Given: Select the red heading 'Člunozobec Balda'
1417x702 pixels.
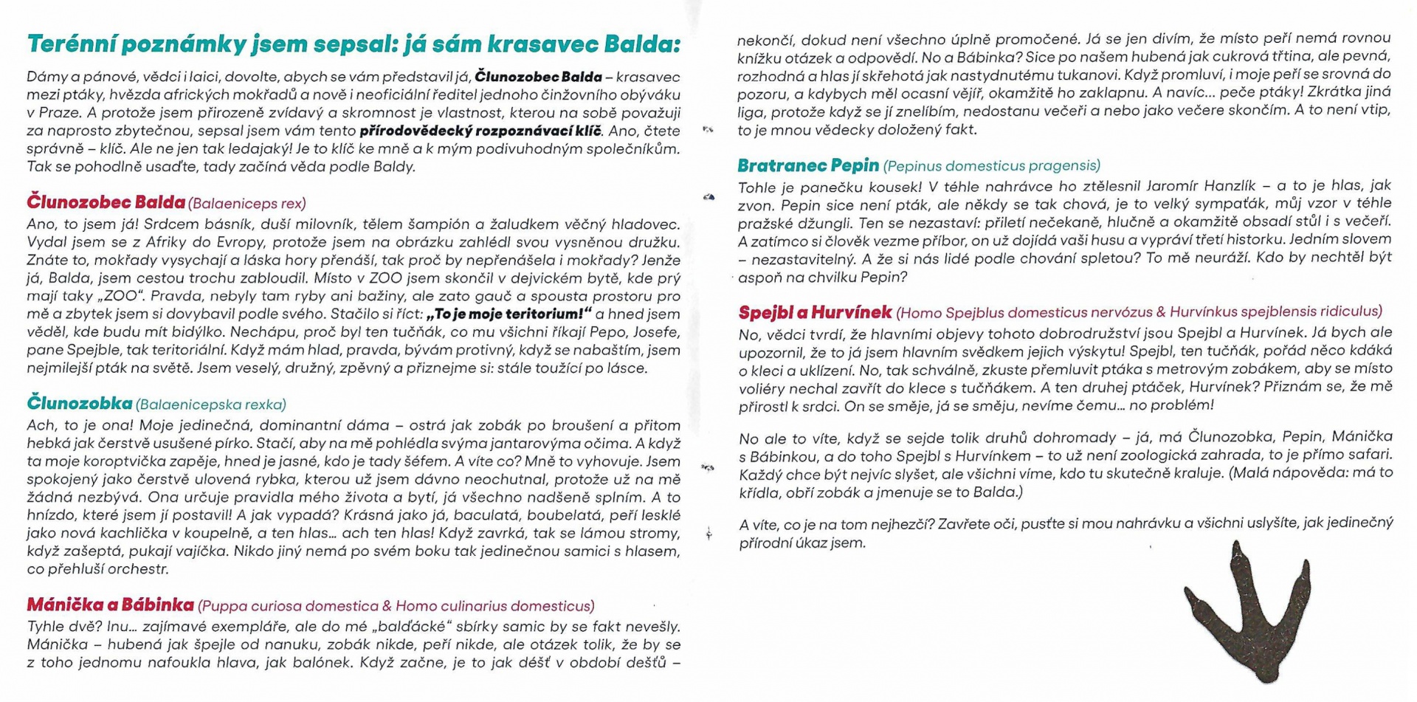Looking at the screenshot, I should click(106, 202).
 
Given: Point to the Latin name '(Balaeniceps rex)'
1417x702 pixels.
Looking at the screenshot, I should click(246, 204).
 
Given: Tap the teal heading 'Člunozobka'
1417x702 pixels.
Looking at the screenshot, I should click(80, 403).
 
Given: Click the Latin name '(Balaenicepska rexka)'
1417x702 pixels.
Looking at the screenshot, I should click(211, 405).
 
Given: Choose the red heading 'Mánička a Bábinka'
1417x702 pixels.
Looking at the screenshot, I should click(110, 605).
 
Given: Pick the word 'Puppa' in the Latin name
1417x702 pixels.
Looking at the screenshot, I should click(224, 606).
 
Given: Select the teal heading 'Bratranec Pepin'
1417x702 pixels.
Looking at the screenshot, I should click(808, 165).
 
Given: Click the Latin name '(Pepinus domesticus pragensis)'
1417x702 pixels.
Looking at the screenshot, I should click(991, 166).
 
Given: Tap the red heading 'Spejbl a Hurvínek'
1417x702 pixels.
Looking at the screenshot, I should click(815, 312).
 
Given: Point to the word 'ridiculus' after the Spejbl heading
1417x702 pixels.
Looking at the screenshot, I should click(1350, 312).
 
